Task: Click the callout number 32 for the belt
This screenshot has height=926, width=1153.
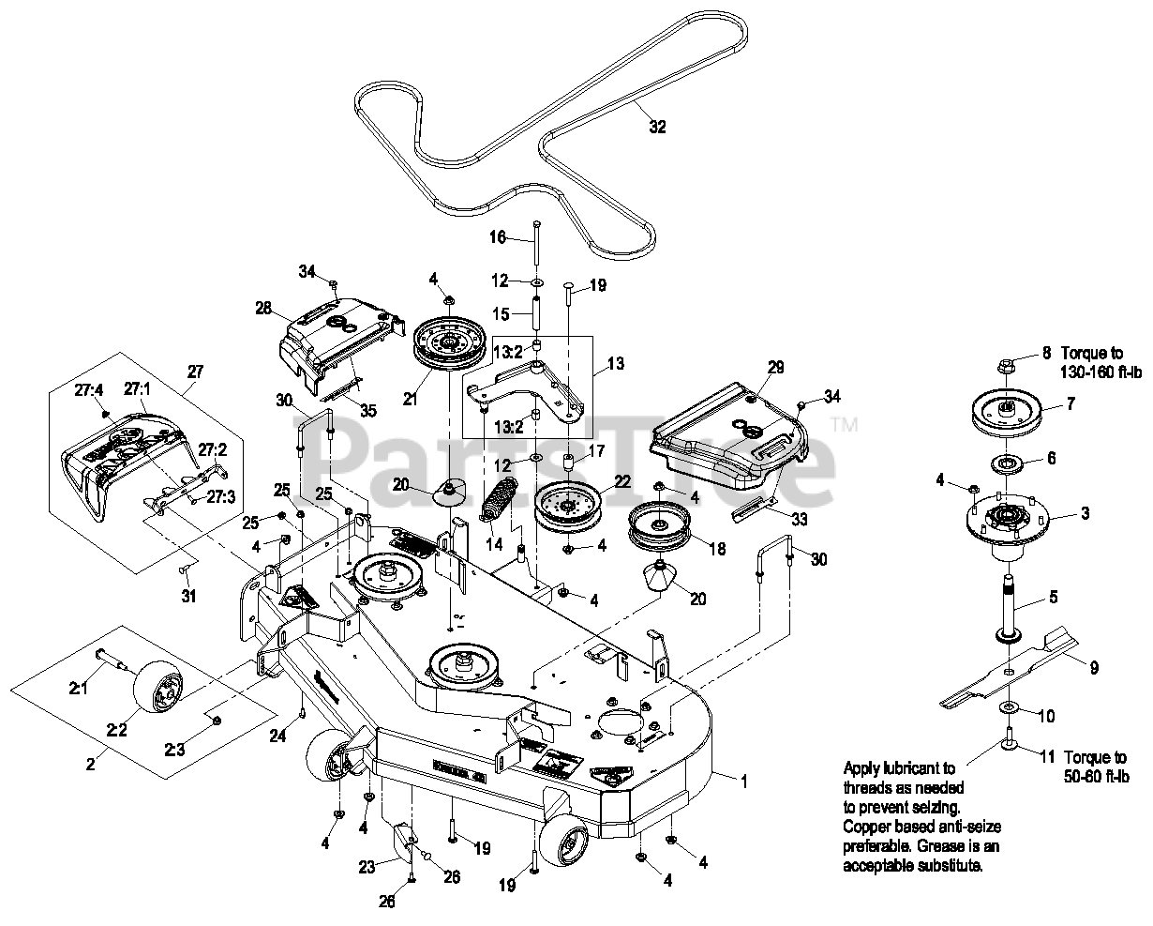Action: point(657,127)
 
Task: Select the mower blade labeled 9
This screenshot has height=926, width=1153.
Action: point(1012,668)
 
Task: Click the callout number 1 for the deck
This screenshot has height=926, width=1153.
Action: point(744,780)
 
